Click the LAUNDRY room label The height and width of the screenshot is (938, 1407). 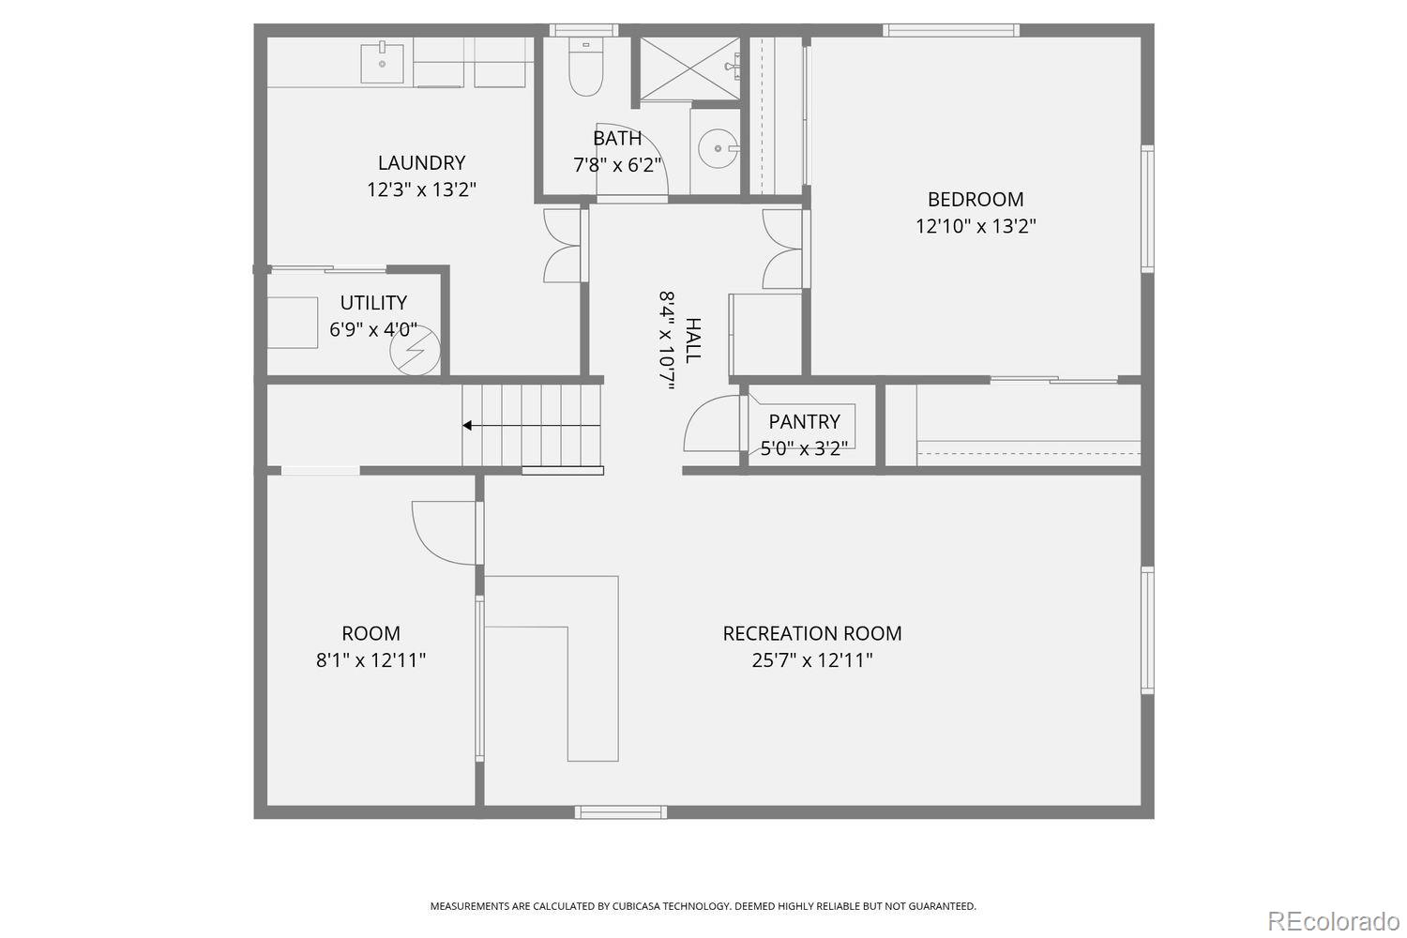click(x=421, y=163)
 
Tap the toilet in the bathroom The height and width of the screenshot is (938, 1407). click(x=585, y=71)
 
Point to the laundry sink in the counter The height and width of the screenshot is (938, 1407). click(x=383, y=62)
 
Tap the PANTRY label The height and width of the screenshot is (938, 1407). click(x=804, y=422)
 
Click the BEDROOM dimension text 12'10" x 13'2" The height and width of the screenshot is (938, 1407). click(x=976, y=226)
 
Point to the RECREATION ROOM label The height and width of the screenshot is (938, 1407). click(x=812, y=634)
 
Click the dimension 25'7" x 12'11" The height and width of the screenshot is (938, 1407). click(x=812, y=660)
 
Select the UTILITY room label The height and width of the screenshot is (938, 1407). click(x=373, y=303)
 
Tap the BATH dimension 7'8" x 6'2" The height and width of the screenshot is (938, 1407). click(x=617, y=165)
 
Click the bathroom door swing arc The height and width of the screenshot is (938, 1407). click(x=632, y=159)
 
